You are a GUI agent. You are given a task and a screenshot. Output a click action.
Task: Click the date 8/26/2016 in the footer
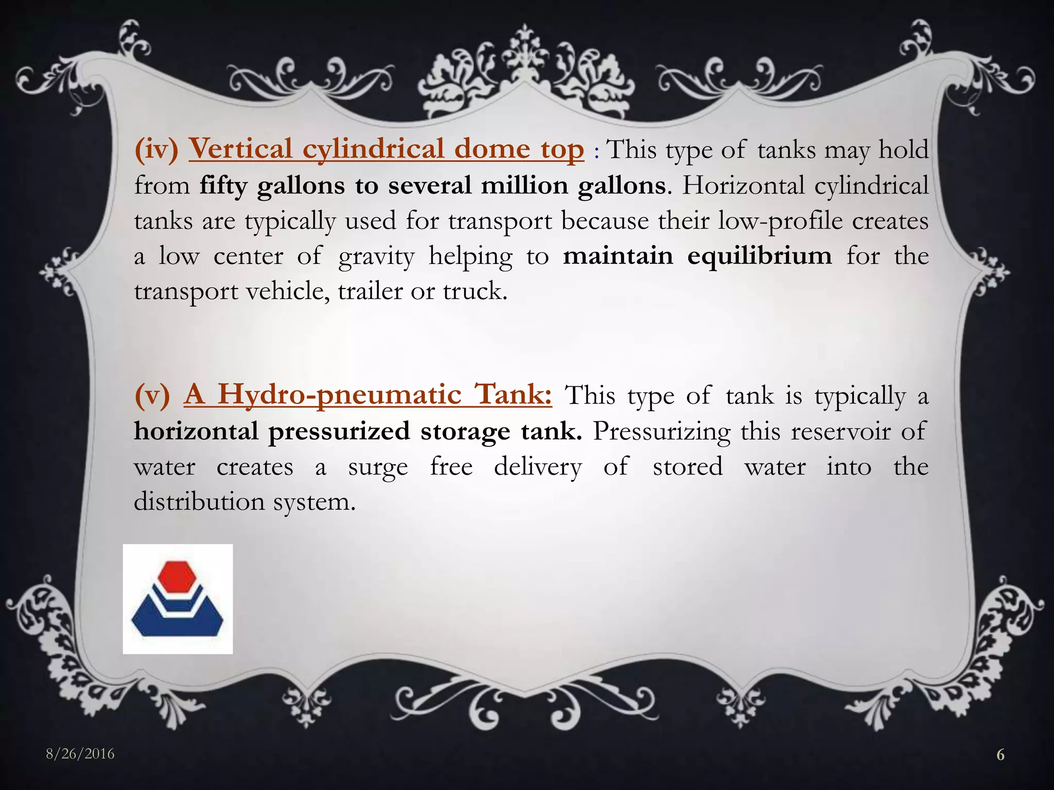coord(80,754)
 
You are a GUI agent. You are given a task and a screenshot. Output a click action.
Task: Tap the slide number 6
coord(1000,755)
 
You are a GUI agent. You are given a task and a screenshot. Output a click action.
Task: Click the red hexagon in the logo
coord(178,580)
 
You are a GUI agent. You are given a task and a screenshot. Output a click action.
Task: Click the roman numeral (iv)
coord(156,149)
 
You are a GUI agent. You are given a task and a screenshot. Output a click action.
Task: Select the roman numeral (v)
coord(152,396)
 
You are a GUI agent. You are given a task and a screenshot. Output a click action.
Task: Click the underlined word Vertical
coord(241,149)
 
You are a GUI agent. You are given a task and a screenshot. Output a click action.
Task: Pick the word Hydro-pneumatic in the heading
coord(339,396)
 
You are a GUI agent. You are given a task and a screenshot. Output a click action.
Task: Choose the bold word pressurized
coord(339,432)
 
